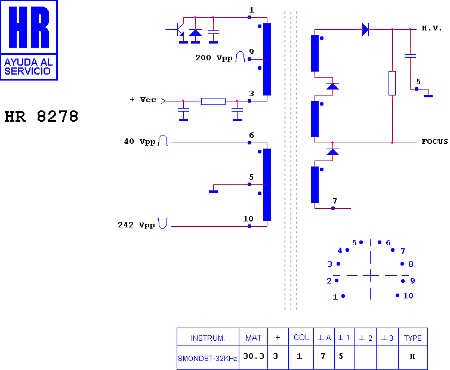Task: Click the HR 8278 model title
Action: point(41,116)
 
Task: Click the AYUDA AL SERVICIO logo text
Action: point(29,67)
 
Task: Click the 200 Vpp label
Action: point(214,58)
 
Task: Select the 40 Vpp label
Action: point(140,141)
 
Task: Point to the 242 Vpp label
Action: point(136,225)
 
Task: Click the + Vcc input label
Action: point(143,100)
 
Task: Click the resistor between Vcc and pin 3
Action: point(213,101)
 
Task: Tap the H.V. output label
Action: point(431,28)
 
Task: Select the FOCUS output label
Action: point(434,141)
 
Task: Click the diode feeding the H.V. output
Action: point(365,29)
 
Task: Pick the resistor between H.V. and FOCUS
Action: point(392,83)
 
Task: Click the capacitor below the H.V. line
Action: point(410,56)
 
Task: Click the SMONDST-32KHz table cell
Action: point(208,358)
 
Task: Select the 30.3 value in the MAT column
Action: point(254,356)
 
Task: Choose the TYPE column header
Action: point(412,338)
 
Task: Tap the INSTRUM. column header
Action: point(208,338)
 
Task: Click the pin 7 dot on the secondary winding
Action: point(333,208)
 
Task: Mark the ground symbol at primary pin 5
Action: point(213,192)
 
